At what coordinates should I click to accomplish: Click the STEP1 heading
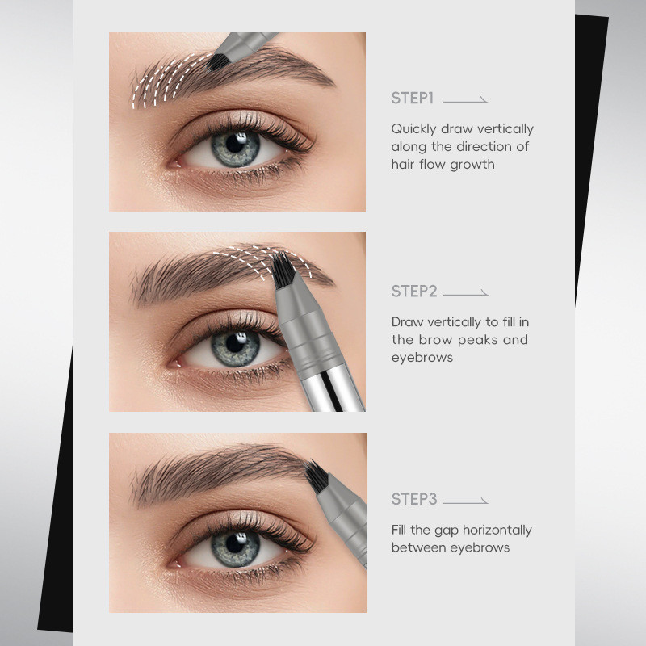412,99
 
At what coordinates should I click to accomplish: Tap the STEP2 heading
414,292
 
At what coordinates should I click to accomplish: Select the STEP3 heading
414,499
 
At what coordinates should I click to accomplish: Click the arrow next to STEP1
465,100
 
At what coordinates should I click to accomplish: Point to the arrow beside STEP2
466,293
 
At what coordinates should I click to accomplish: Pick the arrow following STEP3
466,501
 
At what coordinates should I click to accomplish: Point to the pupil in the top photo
235,144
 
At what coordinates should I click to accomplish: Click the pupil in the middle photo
235,342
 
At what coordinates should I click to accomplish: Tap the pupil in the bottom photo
235,543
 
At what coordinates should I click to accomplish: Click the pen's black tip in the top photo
217,62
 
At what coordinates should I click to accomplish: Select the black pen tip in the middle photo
283,270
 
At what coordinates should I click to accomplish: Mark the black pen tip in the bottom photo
317,476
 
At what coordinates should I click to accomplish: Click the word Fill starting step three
398,530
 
